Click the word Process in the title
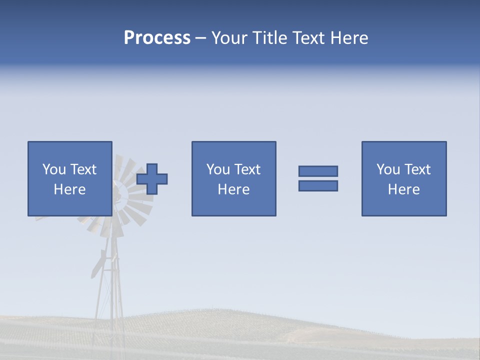(x=157, y=38)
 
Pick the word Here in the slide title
(x=348, y=38)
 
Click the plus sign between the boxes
(x=152, y=178)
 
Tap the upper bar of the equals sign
(x=318, y=171)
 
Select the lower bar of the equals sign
(x=318, y=185)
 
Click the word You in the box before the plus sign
(x=54, y=169)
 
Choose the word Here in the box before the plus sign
(x=69, y=189)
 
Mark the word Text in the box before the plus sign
(x=83, y=169)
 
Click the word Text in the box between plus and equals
(x=247, y=169)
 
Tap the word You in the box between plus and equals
(x=218, y=169)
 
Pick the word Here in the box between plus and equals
(x=233, y=189)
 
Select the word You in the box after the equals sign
(x=388, y=169)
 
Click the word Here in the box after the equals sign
(x=403, y=189)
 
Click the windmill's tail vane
(x=97, y=265)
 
